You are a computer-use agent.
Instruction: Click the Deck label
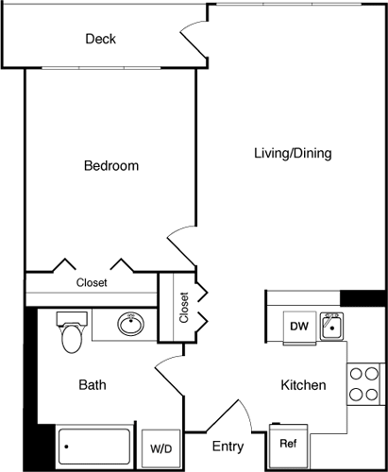[100, 39]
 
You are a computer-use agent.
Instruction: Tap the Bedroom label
[111, 166]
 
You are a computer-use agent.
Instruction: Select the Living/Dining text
[292, 153]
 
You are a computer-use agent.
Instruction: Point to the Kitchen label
[303, 385]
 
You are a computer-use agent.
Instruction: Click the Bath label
[92, 385]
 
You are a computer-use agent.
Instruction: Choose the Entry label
[228, 447]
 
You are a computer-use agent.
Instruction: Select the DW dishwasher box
[299, 327]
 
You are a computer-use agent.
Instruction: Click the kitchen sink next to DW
[331, 327]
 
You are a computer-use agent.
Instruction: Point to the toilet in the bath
[71, 332]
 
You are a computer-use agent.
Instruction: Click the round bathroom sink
[130, 326]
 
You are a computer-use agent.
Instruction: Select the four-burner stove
[363, 384]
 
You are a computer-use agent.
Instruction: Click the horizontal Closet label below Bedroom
[92, 282]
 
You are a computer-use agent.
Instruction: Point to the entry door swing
[220, 414]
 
